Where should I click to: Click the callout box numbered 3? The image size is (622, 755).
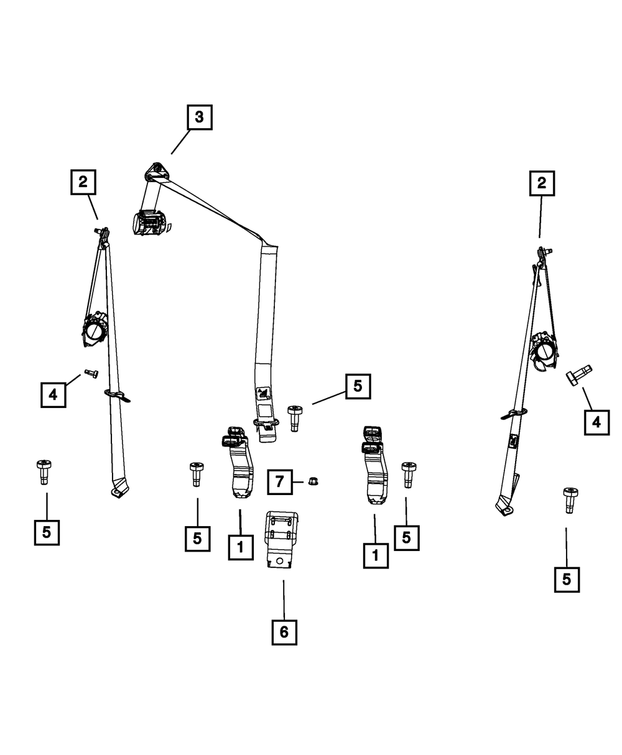[x=199, y=117]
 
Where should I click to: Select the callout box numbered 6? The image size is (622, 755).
[x=284, y=632]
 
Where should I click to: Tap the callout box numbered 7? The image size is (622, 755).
[x=279, y=481]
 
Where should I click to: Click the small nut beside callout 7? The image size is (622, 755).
[x=313, y=481]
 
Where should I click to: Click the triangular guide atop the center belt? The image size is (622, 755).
[x=157, y=172]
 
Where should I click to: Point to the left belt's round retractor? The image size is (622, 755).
[x=95, y=330]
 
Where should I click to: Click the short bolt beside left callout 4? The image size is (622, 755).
[x=91, y=374]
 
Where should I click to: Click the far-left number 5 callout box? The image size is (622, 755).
[x=47, y=532]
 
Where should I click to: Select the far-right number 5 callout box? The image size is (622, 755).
[x=567, y=580]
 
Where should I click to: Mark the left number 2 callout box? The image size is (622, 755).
[x=83, y=182]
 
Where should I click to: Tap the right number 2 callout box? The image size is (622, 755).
[x=542, y=183]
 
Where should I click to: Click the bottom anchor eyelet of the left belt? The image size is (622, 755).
[x=117, y=492]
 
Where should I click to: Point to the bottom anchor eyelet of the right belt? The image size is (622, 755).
[x=506, y=510]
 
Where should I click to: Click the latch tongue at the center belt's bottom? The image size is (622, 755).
[x=267, y=430]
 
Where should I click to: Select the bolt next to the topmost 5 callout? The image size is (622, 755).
[x=295, y=419]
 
